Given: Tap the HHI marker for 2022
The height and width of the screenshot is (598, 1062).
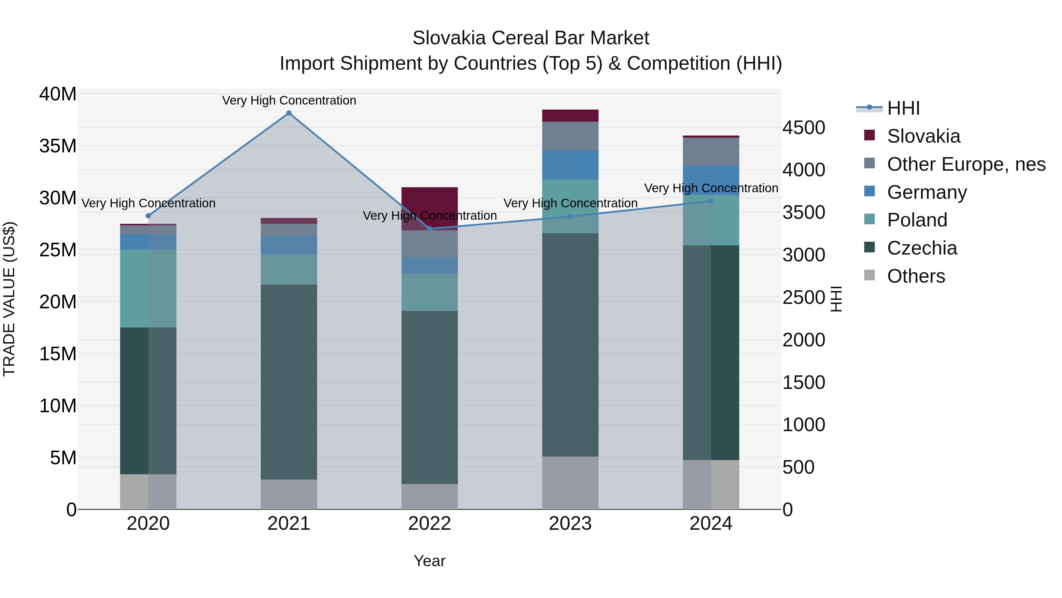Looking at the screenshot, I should tap(430, 229).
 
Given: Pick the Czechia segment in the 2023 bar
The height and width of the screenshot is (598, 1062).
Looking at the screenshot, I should tap(570, 345).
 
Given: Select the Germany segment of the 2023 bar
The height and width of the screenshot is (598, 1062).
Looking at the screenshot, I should tap(570, 165).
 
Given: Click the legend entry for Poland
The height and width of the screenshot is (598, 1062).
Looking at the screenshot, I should tap(917, 220).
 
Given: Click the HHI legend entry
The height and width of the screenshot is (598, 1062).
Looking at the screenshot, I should tap(903, 108).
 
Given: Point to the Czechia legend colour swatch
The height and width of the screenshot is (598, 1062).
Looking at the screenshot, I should tap(869, 247).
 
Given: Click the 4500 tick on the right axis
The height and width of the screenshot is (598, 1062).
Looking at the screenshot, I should tap(804, 128).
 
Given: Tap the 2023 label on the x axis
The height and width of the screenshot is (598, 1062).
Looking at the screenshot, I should tap(570, 524).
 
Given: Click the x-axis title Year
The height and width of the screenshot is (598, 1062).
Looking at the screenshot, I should tap(430, 561).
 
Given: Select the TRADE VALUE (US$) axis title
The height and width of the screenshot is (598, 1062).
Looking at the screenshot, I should tap(9, 299).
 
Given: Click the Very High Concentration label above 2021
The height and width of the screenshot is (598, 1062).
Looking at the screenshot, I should tap(289, 100).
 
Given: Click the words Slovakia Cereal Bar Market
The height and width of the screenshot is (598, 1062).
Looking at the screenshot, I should tap(531, 38).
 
